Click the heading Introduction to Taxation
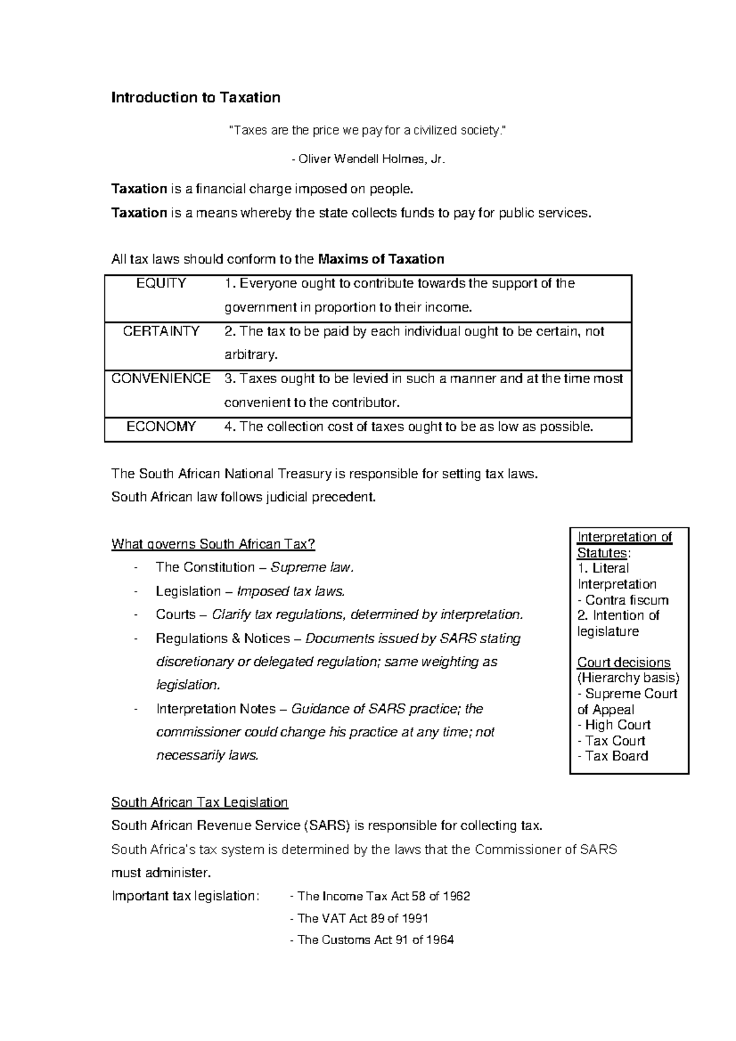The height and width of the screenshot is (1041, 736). [x=196, y=98]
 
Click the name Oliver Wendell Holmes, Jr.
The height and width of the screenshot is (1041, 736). [x=369, y=159]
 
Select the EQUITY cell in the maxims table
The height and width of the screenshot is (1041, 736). [x=161, y=284]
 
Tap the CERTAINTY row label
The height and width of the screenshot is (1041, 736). [x=161, y=332]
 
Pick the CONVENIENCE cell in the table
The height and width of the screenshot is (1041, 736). [x=161, y=379]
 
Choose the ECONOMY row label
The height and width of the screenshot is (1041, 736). [x=161, y=427]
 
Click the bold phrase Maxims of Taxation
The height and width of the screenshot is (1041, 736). [x=381, y=259]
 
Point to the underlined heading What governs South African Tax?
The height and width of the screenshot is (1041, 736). [x=213, y=544]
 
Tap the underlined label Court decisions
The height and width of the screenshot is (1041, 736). [x=624, y=663]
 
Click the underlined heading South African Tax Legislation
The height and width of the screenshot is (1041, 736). [x=199, y=803]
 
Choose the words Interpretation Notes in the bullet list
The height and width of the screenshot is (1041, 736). [x=216, y=709]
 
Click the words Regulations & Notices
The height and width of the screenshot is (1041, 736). [x=223, y=639]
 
